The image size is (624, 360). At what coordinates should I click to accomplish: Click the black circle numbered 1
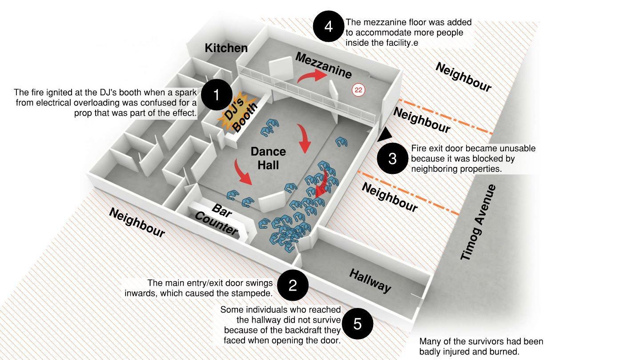pyautogui.click(x=217, y=95)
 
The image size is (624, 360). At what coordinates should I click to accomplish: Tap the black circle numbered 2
pyautogui.click(x=292, y=285)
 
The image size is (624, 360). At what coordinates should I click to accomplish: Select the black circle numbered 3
pyautogui.click(x=392, y=158)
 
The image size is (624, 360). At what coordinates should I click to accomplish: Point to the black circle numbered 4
pyautogui.click(x=328, y=26)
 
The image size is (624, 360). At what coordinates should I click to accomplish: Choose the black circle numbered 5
pyautogui.click(x=358, y=324)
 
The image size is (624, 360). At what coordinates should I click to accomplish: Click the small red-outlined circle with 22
pyautogui.click(x=358, y=90)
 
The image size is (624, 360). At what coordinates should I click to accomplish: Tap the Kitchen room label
pyautogui.click(x=226, y=48)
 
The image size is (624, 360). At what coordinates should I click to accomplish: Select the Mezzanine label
pyautogui.click(x=323, y=65)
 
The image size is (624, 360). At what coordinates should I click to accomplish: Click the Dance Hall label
pyautogui.click(x=268, y=158)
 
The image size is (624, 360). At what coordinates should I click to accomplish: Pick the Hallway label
pyautogui.click(x=370, y=280)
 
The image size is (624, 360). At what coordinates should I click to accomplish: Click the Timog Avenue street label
pyautogui.click(x=478, y=222)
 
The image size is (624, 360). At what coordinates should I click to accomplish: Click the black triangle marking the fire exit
pyautogui.click(x=384, y=134)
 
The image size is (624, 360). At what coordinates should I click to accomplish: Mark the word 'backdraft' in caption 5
pyautogui.click(x=320, y=330)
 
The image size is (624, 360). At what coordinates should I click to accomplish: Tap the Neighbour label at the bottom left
pyautogui.click(x=137, y=222)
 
